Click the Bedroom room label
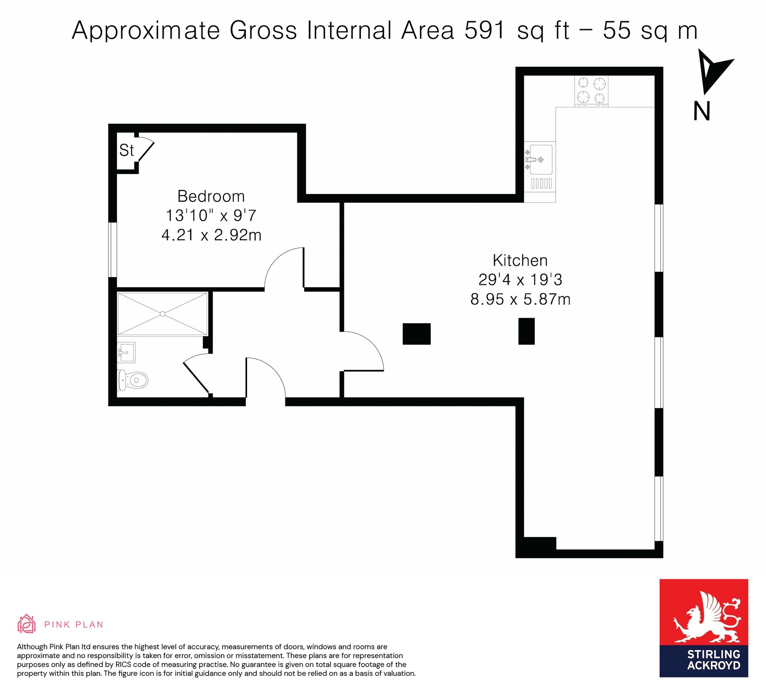pyautogui.click(x=211, y=197)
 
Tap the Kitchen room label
pyautogui.click(x=520, y=261)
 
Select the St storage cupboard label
pyautogui.click(x=126, y=150)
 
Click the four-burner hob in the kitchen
pyautogui.click(x=591, y=91)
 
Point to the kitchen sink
pyautogui.click(x=540, y=159)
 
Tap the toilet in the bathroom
pyautogui.click(x=132, y=380)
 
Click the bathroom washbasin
pyautogui.click(x=126, y=352)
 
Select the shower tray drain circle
pyautogui.click(x=163, y=314)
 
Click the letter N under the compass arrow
pyautogui.click(x=702, y=111)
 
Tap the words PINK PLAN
pyautogui.click(x=74, y=625)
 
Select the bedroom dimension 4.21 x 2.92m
pyautogui.click(x=211, y=235)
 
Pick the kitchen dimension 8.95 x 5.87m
pyautogui.click(x=520, y=299)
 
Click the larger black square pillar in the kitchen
pyautogui.click(x=417, y=334)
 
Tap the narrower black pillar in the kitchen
pyautogui.click(x=527, y=331)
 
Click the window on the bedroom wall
pyautogui.click(x=112, y=250)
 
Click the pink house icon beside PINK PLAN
pyautogui.click(x=26, y=624)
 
